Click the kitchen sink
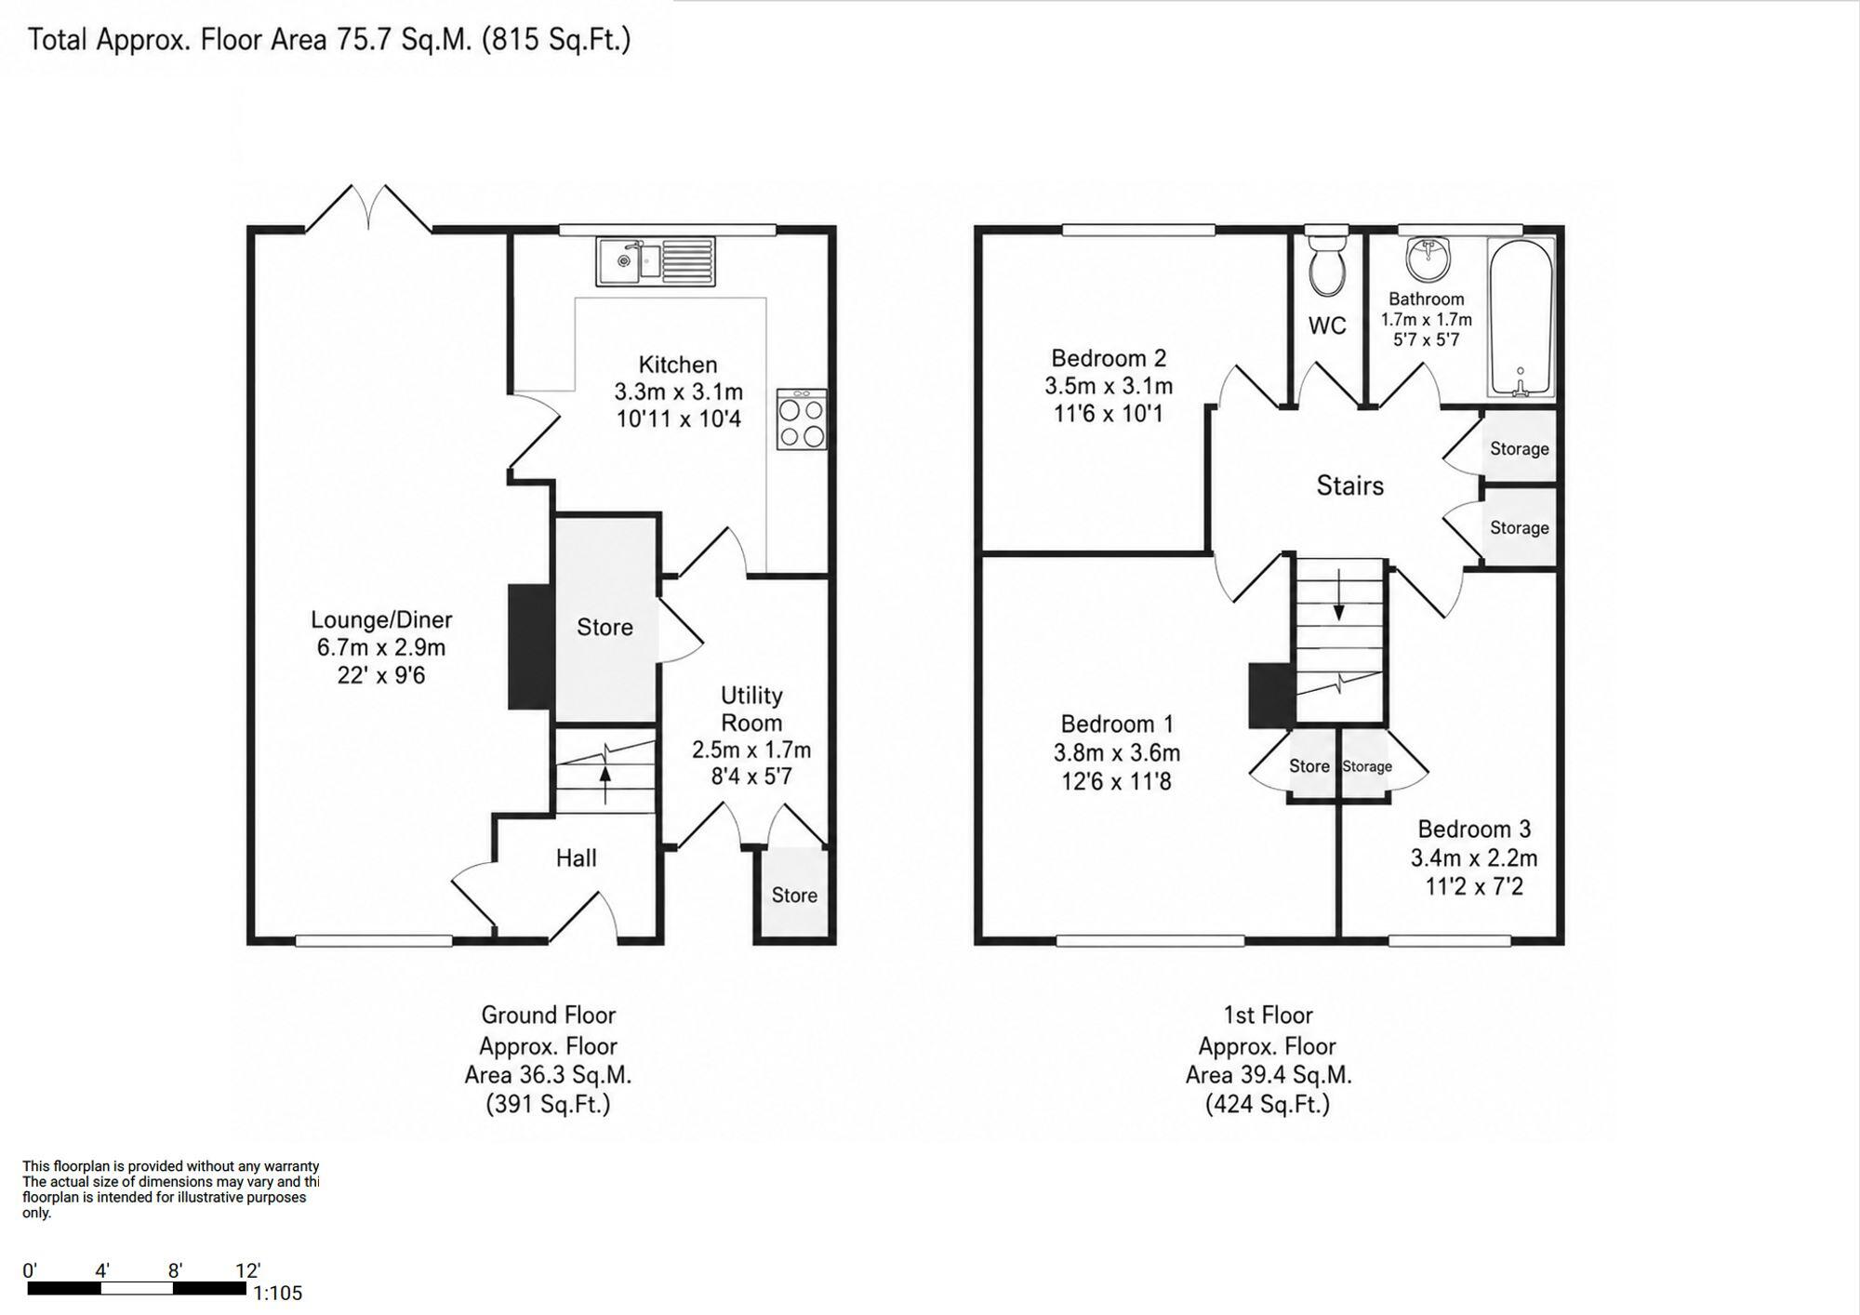point(656,261)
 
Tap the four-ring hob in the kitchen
point(802,419)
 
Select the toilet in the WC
point(1325,261)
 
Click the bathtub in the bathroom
point(1521,317)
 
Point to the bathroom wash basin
point(1427,259)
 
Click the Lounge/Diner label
point(381,619)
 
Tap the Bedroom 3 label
point(1474,829)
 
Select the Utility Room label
point(751,709)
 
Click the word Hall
point(577,857)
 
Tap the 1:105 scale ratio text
point(278,1293)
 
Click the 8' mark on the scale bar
point(175,1270)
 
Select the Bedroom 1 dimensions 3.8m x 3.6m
point(1117,752)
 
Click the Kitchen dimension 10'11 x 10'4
point(679,418)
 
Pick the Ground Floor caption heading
point(549,1015)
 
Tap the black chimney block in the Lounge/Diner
point(531,647)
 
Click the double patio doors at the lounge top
point(369,207)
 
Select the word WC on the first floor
point(1327,325)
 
